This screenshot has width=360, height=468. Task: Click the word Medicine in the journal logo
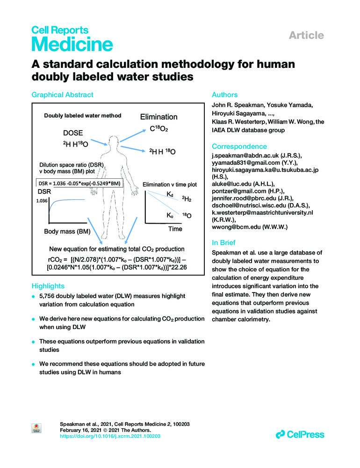tap(72, 45)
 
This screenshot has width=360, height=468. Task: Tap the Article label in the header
tap(306, 35)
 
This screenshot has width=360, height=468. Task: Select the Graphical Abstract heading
tap(62, 95)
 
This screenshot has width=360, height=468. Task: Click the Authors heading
tap(225, 95)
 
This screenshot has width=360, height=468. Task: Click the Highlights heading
tap(48, 285)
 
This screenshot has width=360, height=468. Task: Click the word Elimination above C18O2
tap(159, 117)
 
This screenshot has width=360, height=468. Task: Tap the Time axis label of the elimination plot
tap(175, 229)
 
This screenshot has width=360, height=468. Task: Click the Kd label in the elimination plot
tap(170, 194)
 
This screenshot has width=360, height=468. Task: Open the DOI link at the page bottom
tap(111, 436)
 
